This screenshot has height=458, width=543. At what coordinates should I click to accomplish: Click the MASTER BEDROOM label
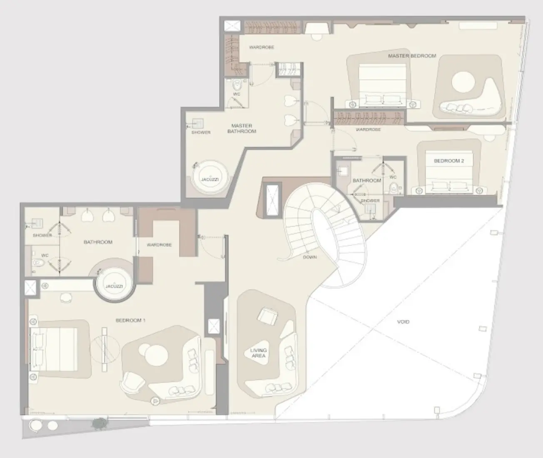coord(412,56)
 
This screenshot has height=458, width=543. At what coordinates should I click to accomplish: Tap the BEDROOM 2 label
coord(448,161)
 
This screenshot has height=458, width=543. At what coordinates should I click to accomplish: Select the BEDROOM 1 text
coord(130,321)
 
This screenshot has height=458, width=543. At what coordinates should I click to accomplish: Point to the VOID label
coord(403,322)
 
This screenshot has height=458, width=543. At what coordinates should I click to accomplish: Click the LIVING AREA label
coord(258,353)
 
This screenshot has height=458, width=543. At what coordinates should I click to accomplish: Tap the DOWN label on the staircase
coord(310,257)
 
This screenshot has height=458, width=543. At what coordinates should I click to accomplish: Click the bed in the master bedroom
coord(382,85)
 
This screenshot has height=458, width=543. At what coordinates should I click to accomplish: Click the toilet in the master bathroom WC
coord(237,86)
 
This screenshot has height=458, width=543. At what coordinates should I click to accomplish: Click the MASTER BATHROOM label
coord(242,128)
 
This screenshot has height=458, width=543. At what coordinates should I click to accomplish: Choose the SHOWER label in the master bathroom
coord(201,132)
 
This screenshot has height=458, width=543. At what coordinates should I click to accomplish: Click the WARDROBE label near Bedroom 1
coord(159,245)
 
